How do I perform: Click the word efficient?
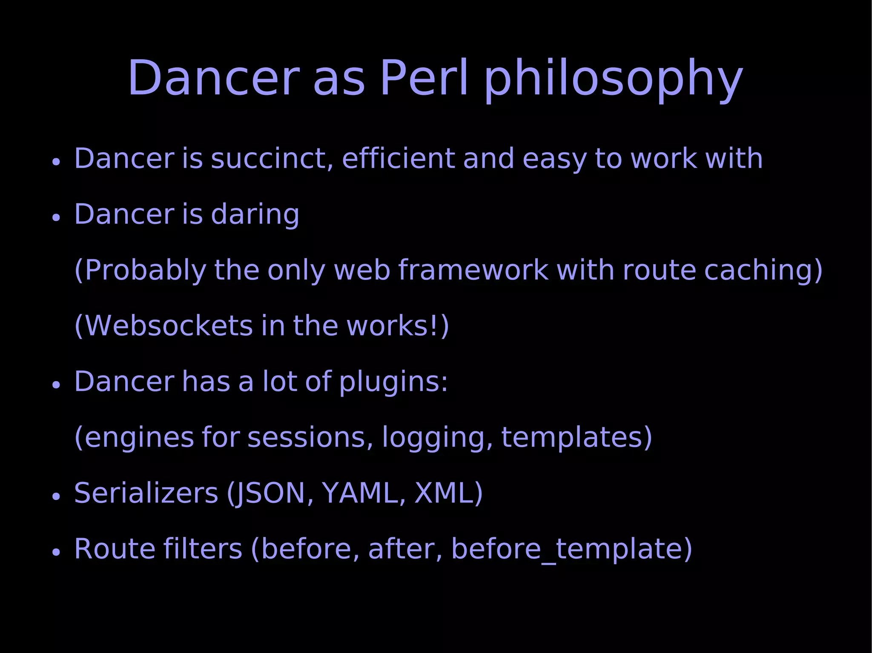point(399,159)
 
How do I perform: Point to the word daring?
point(255,214)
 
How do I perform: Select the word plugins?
point(393,382)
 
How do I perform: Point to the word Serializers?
point(146,493)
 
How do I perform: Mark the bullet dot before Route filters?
point(56,552)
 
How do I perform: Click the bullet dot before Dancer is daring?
point(56,217)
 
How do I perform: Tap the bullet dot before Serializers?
point(56,496)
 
